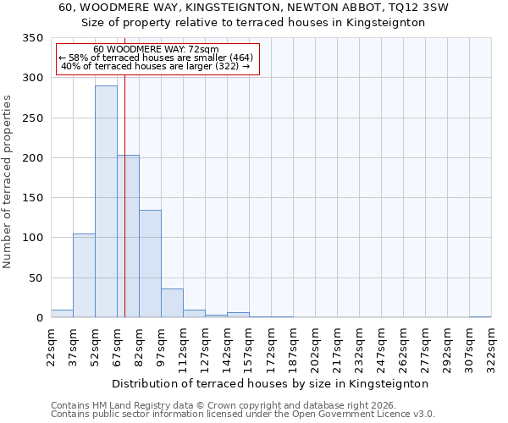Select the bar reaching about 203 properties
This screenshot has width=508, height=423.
coord(129,237)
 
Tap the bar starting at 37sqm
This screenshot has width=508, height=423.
coord(84,276)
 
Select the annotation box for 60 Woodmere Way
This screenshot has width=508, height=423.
coord(157,58)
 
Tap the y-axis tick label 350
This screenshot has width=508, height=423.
coord(32,38)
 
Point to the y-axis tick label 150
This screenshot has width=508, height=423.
coord(32,198)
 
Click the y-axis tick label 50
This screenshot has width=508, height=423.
coord(36,277)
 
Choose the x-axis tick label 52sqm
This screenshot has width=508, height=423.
coord(95,347)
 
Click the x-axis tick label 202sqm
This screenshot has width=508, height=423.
coord(315,347)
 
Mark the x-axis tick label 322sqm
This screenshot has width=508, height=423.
coord(491,347)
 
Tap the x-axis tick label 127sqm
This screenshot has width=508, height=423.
coord(205,347)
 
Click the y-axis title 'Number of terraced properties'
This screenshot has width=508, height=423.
coord(8,182)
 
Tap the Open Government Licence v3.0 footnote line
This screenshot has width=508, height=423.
coord(242,415)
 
